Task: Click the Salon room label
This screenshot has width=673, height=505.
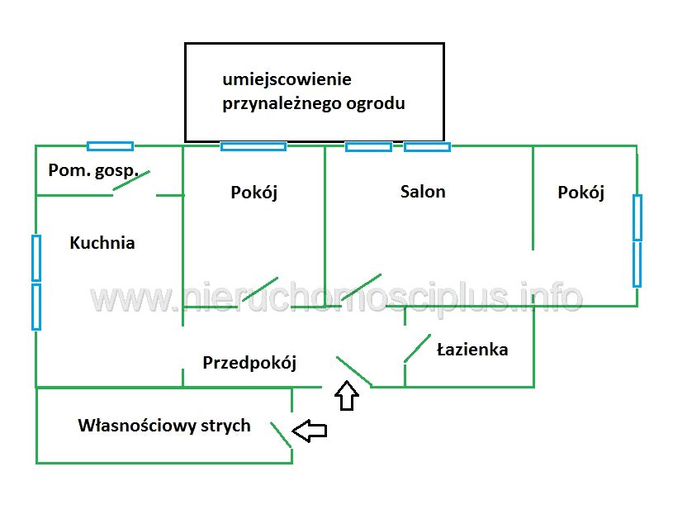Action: [x=423, y=192]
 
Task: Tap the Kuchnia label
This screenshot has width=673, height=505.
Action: [x=102, y=243]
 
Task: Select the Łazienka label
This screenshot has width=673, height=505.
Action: [x=472, y=350]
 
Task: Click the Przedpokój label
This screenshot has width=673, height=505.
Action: [x=249, y=362]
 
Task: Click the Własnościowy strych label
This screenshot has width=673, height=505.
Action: [x=164, y=426]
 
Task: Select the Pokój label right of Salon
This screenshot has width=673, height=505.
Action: [x=581, y=193]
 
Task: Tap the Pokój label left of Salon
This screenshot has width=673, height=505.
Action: [x=254, y=193]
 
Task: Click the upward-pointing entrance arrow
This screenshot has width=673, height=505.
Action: [x=347, y=396]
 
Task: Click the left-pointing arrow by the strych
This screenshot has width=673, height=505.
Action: [x=310, y=430]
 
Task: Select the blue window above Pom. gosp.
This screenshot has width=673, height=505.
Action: [x=110, y=146]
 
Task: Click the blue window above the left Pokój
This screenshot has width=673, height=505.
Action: [x=253, y=146]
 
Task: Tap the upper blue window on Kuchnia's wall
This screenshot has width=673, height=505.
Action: [x=36, y=257]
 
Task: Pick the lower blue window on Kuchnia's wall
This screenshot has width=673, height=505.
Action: [x=36, y=307]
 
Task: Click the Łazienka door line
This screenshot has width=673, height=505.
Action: [x=417, y=348]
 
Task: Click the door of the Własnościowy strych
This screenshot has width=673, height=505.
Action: [x=281, y=433]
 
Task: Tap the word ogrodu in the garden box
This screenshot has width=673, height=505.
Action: [x=375, y=105]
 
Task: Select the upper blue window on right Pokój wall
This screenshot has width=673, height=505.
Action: [x=637, y=217]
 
